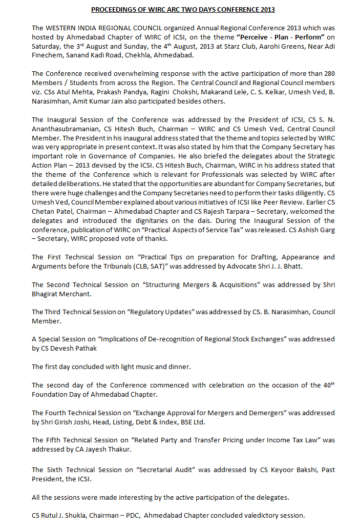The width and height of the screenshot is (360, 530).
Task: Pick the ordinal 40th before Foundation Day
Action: pyautogui.click(x=328, y=385)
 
